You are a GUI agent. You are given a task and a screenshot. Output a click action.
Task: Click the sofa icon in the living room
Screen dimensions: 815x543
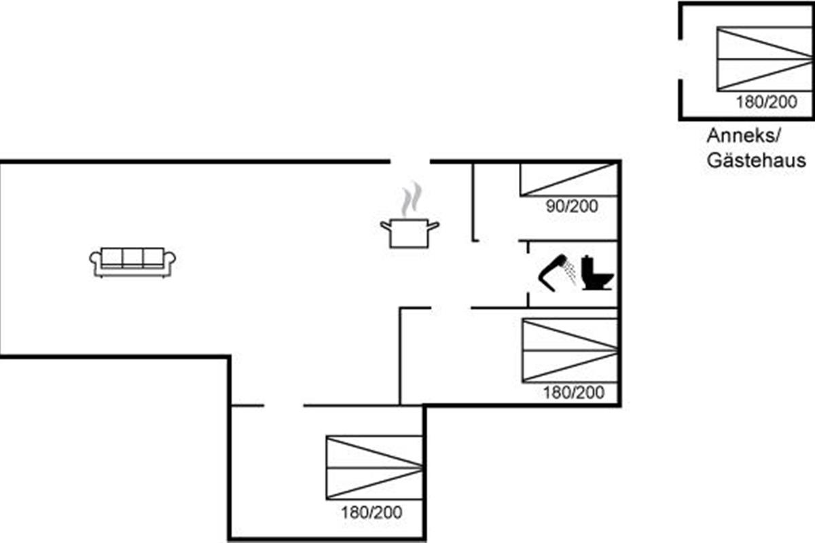[133, 262]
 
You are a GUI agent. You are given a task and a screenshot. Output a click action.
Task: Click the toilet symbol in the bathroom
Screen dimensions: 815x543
[598, 273]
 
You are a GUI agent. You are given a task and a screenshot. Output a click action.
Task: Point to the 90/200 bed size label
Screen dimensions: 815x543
[572, 206]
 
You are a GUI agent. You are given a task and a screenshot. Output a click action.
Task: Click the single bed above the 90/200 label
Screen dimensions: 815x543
[569, 180]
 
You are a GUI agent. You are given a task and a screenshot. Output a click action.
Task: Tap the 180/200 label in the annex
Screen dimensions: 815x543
[767, 102]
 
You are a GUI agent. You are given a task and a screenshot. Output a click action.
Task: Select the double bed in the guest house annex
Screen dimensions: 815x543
[765, 58]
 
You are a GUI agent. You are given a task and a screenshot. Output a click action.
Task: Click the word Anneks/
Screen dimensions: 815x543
[744, 136]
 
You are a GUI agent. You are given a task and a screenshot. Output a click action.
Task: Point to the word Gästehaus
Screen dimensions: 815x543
[756, 160]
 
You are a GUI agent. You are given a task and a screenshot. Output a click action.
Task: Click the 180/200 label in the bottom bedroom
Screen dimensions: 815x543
[372, 512]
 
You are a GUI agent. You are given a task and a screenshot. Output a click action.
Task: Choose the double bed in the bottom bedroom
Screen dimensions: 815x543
[374, 468]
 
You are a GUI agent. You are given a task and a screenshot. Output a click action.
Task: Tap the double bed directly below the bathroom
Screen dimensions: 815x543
[570, 351]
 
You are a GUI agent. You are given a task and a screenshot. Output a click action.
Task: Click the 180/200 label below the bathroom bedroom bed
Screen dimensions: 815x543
[574, 392]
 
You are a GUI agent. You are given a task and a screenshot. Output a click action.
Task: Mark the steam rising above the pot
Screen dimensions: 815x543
[412, 199]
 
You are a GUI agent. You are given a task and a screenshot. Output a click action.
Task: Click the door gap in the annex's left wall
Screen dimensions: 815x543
[681, 58]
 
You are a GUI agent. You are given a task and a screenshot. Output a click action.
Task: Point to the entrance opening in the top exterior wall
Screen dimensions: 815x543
[410, 161]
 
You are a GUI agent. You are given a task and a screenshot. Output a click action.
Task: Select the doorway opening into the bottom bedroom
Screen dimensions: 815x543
[284, 405]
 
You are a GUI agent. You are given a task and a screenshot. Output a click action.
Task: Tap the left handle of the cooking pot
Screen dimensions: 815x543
[385, 226]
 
